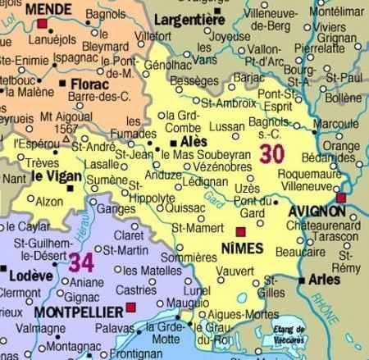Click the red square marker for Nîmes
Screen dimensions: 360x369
(x=240, y=232)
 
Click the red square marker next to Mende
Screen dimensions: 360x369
(x=42, y=23)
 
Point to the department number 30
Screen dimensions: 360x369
(x=273, y=153)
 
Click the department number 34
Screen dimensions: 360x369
(x=81, y=262)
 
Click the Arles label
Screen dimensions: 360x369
(x=325, y=280)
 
